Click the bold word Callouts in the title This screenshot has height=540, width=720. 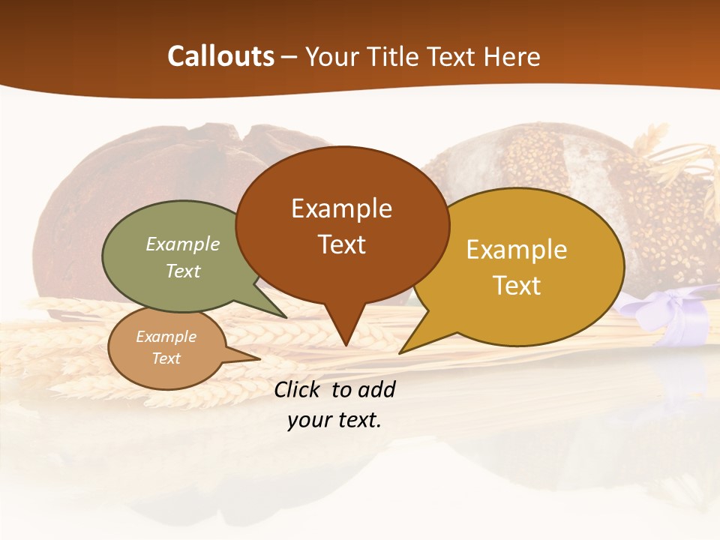(x=221, y=56)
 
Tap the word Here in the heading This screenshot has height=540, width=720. (x=511, y=56)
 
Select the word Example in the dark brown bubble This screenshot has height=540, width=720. (x=341, y=208)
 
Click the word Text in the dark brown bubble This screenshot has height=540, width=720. (x=341, y=244)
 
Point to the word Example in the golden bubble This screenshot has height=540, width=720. (x=517, y=250)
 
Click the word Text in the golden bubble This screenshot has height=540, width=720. (x=517, y=286)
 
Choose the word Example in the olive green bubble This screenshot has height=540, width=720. (x=182, y=244)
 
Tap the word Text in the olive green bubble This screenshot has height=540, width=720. (x=182, y=271)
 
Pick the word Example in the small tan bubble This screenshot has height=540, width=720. (x=166, y=337)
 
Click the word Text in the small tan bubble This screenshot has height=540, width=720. (x=166, y=358)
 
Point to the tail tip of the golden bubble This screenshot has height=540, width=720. (x=402, y=352)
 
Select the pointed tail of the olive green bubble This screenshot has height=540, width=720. (x=283, y=316)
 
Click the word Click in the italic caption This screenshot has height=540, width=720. (x=298, y=390)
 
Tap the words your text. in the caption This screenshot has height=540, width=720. (x=334, y=420)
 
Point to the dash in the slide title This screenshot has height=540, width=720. (x=289, y=57)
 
